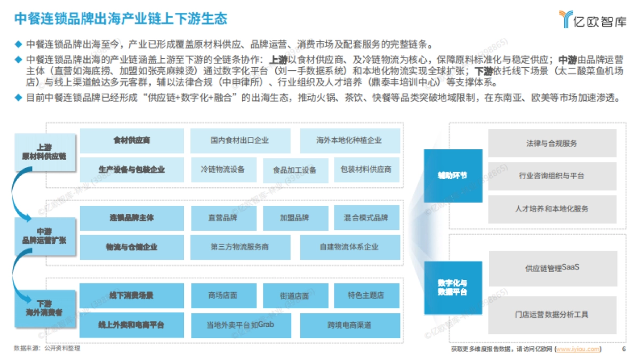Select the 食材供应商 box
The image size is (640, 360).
pyautogui.click(x=132, y=141)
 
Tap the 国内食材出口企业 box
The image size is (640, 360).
pyautogui.click(x=239, y=141)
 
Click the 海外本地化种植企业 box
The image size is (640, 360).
pyautogui.click(x=349, y=141)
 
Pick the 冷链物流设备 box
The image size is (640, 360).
pyautogui.click(x=222, y=170)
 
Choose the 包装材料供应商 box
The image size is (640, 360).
pyautogui.click(x=366, y=170)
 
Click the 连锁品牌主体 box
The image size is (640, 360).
pyautogui.click(x=132, y=218)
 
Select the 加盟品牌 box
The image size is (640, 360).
pyautogui.click(x=295, y=218)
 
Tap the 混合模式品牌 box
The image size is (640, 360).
pyautogui.click(x=366, y=218)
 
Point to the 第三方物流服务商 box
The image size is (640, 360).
pyautogui.click(x=239, y=247)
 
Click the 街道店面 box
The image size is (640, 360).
pyautogui.click(x=295, y=295)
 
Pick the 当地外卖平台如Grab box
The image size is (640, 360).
pyautogui.click(x=239, y=324)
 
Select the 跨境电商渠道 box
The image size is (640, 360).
pyautogui.click(x=349, y=324)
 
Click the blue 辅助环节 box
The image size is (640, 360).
pyautogui.click(x=453, y=175)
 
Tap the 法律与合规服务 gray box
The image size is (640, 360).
pyautogui.click(x=551, y=143)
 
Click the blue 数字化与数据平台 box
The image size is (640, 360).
pyautogui.click(x=453, y=287)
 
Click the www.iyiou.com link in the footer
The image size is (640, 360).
pyautogui.click(x=578, y=349)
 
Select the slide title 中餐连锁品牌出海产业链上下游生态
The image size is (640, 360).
pyautogui.click(x=121, y=19)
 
